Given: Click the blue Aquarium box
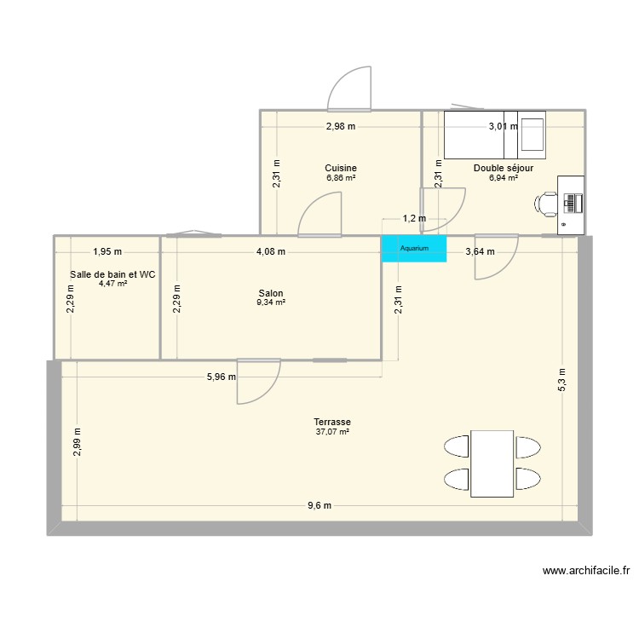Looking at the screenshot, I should click(x=414, y=248).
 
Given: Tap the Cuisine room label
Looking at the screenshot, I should click(x=341, y=168).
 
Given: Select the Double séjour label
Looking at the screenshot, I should click(x=504, y=168).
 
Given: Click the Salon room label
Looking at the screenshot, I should click(x=272, y=292).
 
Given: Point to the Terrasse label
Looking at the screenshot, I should click(x=332, y=423).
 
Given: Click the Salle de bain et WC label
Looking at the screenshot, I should click(x=112, y=274).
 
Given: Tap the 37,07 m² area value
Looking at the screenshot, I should click(x=332, y=433).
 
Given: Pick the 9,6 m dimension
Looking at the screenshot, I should click(x=319, y=505).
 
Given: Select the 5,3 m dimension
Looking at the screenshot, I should click(x=561, y=380).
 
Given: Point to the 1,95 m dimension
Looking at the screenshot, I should click(x=107, y=251).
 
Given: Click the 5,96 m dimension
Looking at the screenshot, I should click(x=221, y=376).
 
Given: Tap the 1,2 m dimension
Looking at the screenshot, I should click(x=414, y=219).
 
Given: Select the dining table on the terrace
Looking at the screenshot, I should click(x=492, y=463).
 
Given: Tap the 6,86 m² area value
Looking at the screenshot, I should click(x=341, y=178).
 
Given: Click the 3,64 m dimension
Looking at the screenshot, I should click(x=478, y=251).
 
